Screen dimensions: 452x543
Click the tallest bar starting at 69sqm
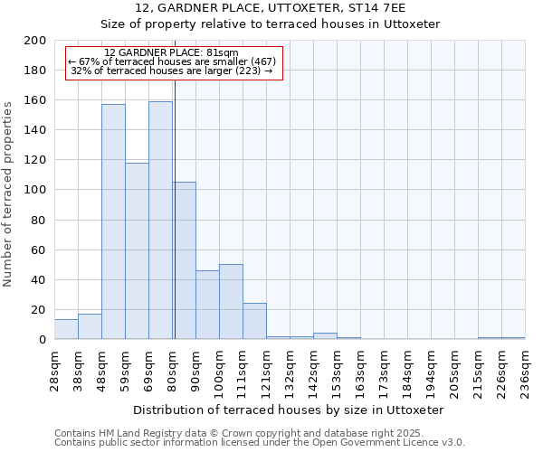pos(160,221)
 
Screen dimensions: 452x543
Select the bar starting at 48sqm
pos(113,221)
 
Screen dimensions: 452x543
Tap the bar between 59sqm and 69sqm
pos(137,251)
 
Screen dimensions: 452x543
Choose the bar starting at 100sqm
pos(231,302)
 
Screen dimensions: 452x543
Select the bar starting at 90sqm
pos(207,305)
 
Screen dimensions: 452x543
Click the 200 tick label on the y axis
pos(35,41)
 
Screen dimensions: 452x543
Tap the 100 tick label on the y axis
pos(35,190)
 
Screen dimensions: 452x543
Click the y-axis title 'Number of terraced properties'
pos(8,193)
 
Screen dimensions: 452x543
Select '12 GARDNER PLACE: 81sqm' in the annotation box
pos(172,52)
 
